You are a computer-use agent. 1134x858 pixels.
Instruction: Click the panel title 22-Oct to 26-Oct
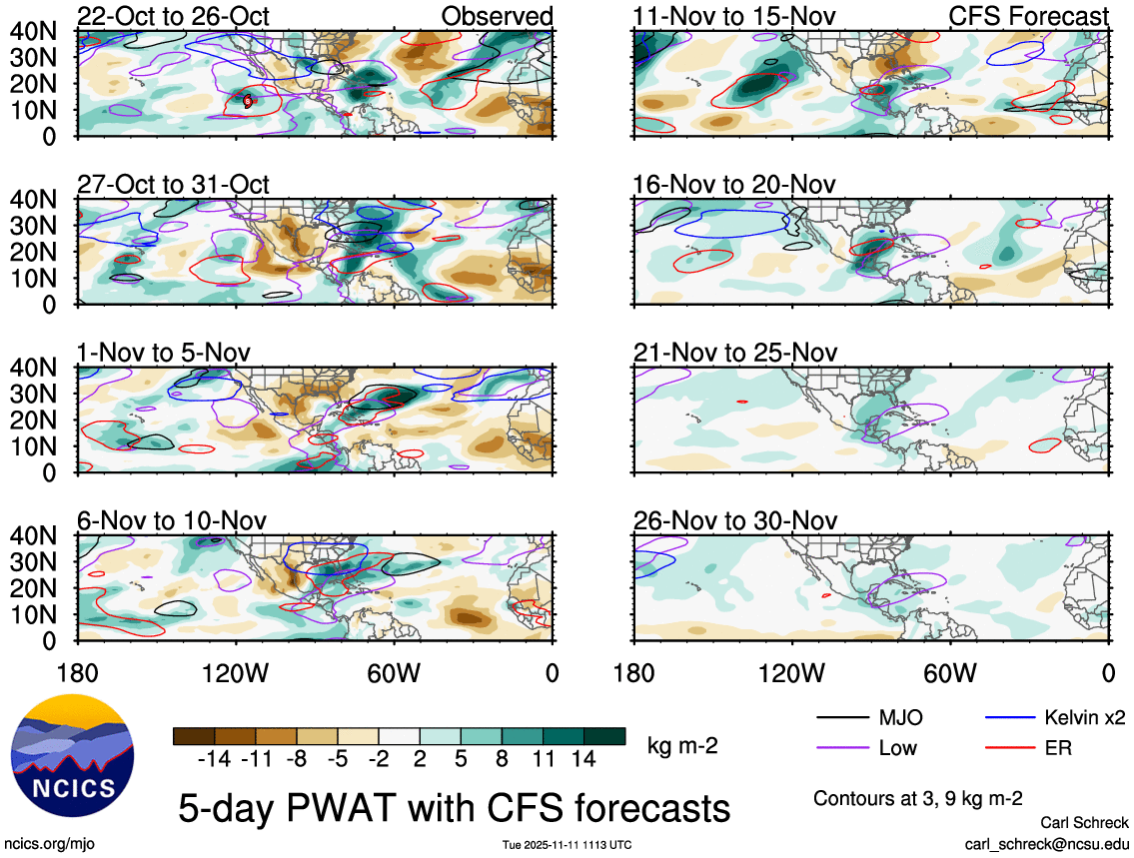pos(173,16)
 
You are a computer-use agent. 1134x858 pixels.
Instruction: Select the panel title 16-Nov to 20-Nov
pos(734,185)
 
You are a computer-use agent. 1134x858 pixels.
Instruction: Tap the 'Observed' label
pos(497,16)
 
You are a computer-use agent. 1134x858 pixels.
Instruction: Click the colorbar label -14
pos(214,760)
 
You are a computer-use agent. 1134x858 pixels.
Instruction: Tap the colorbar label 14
pos(582,760)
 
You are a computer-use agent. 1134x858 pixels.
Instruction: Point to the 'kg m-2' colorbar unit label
pos(683,744)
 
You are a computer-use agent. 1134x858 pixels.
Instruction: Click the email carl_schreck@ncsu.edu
pos(1046,843)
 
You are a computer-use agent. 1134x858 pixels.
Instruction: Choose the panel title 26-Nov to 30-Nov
pos(734,520)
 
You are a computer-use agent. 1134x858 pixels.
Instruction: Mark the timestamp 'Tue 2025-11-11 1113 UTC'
pos(567,845)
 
